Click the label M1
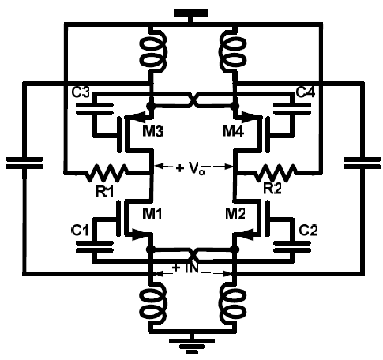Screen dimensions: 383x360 point(152,213)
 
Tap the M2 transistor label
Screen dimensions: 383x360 point(235,213)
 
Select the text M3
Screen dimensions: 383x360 point(152,131)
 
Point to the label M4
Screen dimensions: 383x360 point(234,131)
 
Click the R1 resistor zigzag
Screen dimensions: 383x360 point(106,172)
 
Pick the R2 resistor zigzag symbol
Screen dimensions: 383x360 point(275,172)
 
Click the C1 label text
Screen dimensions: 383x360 point(80,231)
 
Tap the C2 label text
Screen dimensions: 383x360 point(308,231)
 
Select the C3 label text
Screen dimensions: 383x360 point(81,92)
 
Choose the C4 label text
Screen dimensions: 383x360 point(306,92)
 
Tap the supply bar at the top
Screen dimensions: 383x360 point(190,13)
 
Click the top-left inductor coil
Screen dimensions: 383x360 point(153,50)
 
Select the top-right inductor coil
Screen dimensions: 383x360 point(233,50)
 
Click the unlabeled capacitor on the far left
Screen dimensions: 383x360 point(24,163)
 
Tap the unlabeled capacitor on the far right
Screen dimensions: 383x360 point(362,163)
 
